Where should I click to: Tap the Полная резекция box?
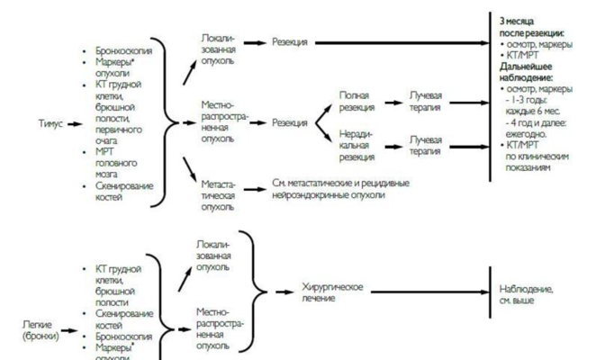pyautogui.click(x=355, y=100)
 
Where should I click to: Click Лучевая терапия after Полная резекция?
pyautogui.click(x=425, y=100)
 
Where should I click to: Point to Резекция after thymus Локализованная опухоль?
pyautogui.click(x=290, y=42)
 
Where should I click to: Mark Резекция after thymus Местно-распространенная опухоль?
pyautogui.click(x=290, y=121)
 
